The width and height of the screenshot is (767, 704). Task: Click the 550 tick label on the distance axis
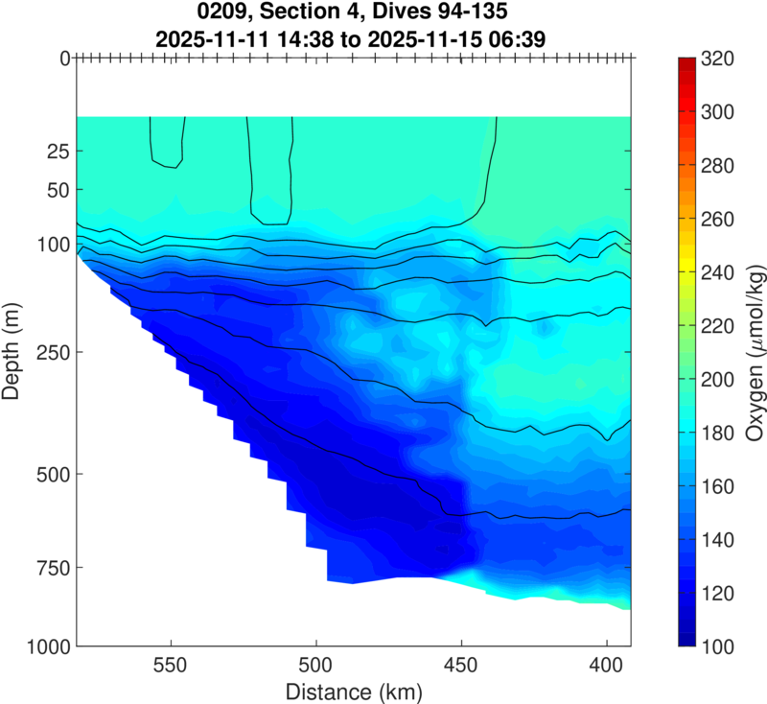tap(171, 666)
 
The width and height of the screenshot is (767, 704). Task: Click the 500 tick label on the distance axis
tap(315, 666)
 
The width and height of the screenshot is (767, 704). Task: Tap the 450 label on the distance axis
tap(461, 666)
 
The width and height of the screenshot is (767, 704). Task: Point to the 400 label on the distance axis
tap(607, 666)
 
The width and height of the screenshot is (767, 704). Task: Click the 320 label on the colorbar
tap(718, 59)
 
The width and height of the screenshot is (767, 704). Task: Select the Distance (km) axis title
tap(354, 691)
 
